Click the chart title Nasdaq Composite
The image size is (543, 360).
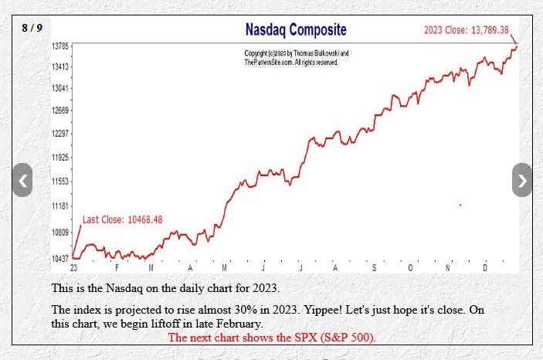point(295,30)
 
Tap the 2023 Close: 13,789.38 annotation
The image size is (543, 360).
point(466,30)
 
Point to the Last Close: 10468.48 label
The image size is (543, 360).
point(122,219)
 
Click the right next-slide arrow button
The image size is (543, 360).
point(522,180)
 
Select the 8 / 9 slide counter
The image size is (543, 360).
point(32,28)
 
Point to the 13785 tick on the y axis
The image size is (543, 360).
point(60,47)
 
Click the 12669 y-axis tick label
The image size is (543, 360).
point(60,110)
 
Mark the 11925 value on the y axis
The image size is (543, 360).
point(60,158)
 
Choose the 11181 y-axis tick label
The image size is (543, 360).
point(60,206)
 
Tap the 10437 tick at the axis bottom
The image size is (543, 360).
point(60,257)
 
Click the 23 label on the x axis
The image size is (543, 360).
point(73,267)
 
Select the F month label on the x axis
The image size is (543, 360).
point(117,267)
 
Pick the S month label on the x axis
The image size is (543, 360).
point(375,267)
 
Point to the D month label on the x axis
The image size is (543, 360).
point(486,267)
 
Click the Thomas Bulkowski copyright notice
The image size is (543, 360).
point(296,57)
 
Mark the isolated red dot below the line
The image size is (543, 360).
point(460,205)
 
